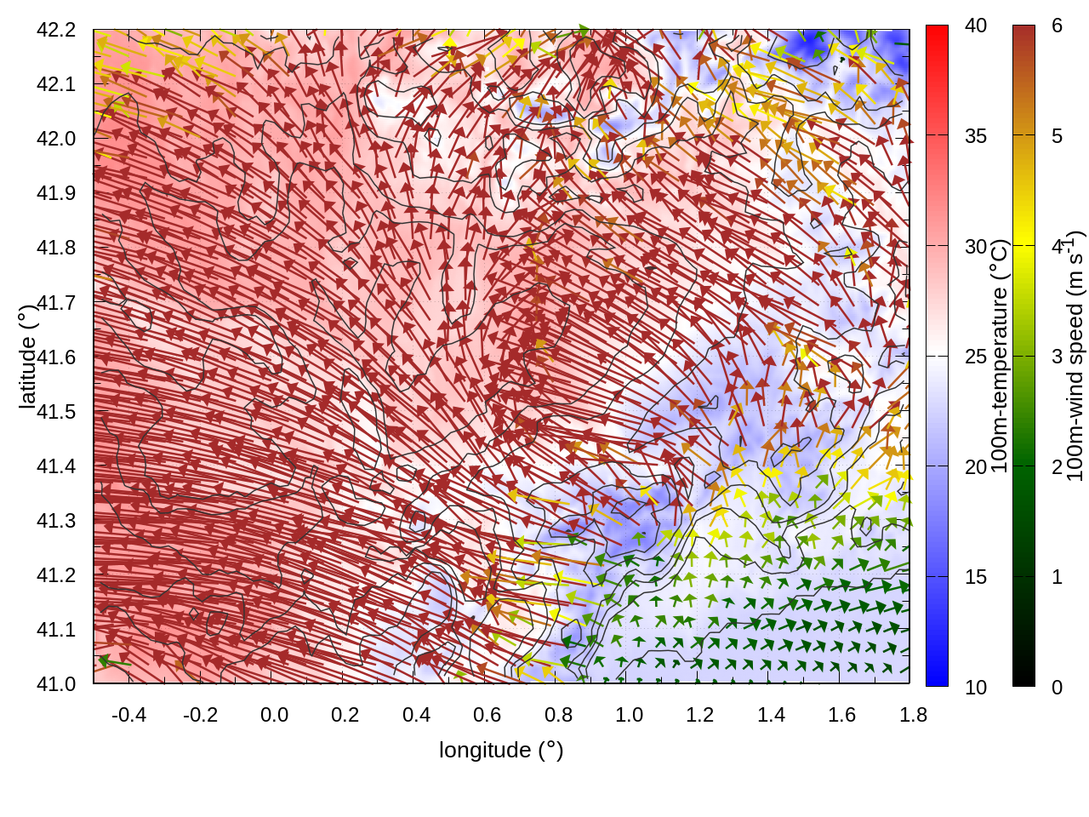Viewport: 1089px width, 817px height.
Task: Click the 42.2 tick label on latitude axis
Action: tap(56, 30)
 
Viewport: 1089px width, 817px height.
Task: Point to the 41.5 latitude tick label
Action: tap(56, 412)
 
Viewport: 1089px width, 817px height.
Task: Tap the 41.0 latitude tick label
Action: tap(56, 684)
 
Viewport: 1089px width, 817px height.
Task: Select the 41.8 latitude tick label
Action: tap(56, 248)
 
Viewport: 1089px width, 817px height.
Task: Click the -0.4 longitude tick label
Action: tap(128, 715)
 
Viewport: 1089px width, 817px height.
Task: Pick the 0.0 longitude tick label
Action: tap(274, 715)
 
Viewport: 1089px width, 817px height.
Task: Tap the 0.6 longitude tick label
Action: tap(487, 715)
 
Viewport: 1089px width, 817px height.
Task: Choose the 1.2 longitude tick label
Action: tap(700, 715)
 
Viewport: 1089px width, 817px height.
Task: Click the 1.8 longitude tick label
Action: tap(913, 715)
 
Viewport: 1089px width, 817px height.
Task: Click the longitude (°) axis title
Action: tap(501, 750)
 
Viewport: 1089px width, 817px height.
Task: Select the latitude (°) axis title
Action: tap(27, 357)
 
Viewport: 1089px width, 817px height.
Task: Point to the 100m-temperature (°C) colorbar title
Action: tap(1000, 357)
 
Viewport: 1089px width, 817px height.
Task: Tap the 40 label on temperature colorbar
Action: tap(976, 26)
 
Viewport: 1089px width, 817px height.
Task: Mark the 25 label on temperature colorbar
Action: tap(976, 357)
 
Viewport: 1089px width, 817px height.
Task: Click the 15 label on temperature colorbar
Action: tap(976, 577)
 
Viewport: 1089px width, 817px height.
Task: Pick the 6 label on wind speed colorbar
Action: tap(1057, 26)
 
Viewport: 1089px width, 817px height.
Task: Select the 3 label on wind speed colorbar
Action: tap(1057, 357)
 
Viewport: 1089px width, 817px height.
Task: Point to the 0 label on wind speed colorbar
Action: tap(1057, 688)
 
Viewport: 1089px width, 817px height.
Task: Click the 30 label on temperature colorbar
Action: tap(976, 247)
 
